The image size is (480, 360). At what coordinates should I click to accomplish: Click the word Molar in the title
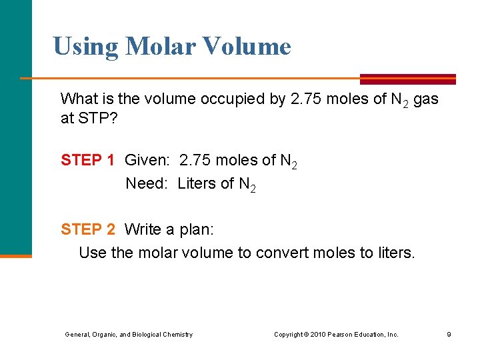[x=160, y=46]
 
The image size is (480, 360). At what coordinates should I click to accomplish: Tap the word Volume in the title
[x=249, y=46]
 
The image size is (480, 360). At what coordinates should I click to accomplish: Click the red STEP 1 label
[x=88, y=160]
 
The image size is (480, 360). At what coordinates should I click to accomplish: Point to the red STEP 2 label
[x=88, y=229]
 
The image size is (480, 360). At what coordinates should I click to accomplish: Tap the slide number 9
[x=449, y=334]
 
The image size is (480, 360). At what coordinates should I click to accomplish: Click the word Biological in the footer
[x=151, y=334]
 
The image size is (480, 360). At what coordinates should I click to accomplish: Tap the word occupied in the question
[x=251, y=99]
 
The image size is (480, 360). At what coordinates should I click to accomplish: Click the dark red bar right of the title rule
[x=408, y=79]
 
